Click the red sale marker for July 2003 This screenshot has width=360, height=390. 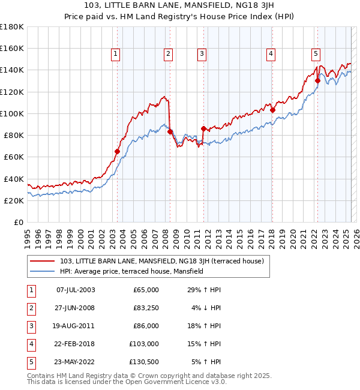(118, 151)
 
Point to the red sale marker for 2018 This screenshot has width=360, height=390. (272, 110)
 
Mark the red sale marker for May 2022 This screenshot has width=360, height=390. (317, 80)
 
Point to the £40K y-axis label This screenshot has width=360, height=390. (14, 179)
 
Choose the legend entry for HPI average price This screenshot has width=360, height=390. (131, 271)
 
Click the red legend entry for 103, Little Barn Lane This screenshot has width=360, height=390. (166, 261)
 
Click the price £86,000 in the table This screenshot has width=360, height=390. (146, 326)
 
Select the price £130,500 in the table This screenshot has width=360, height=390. (144, 362)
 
